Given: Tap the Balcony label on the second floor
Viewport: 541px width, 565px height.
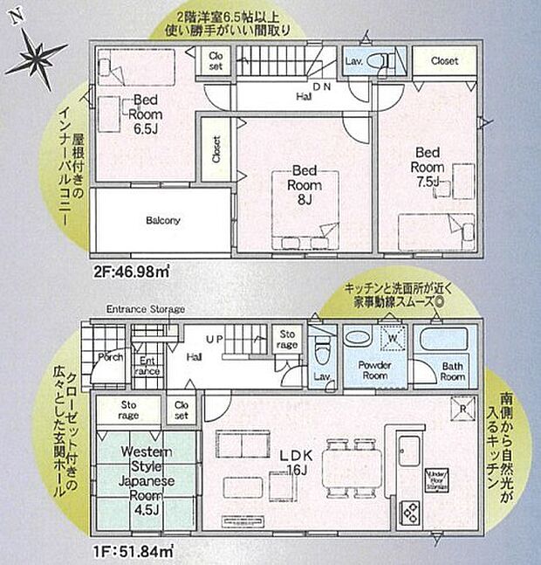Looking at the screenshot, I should pos(163,221).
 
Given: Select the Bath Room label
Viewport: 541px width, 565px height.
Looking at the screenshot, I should pos(450,370).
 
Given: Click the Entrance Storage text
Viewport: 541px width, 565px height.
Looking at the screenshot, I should pos(146,309).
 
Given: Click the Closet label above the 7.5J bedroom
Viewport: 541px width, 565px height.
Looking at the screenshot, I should pos(444,61).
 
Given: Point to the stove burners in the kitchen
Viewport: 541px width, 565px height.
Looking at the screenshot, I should pos(408,510).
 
